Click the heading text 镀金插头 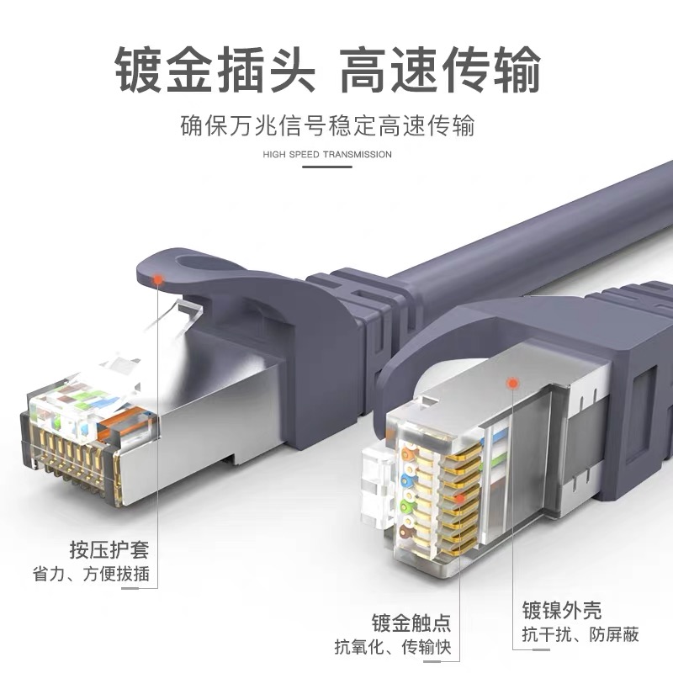[214, 70]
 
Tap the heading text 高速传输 [440, 70]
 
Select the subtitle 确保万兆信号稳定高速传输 [327, 126]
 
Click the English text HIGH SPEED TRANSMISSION [327, 155]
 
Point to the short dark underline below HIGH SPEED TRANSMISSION [327, 167]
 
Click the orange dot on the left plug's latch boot [159, 281]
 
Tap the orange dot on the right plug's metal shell [511, 384]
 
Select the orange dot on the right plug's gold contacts [460, 500]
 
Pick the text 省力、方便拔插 [91, 575]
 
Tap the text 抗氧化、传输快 [393, 647]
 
